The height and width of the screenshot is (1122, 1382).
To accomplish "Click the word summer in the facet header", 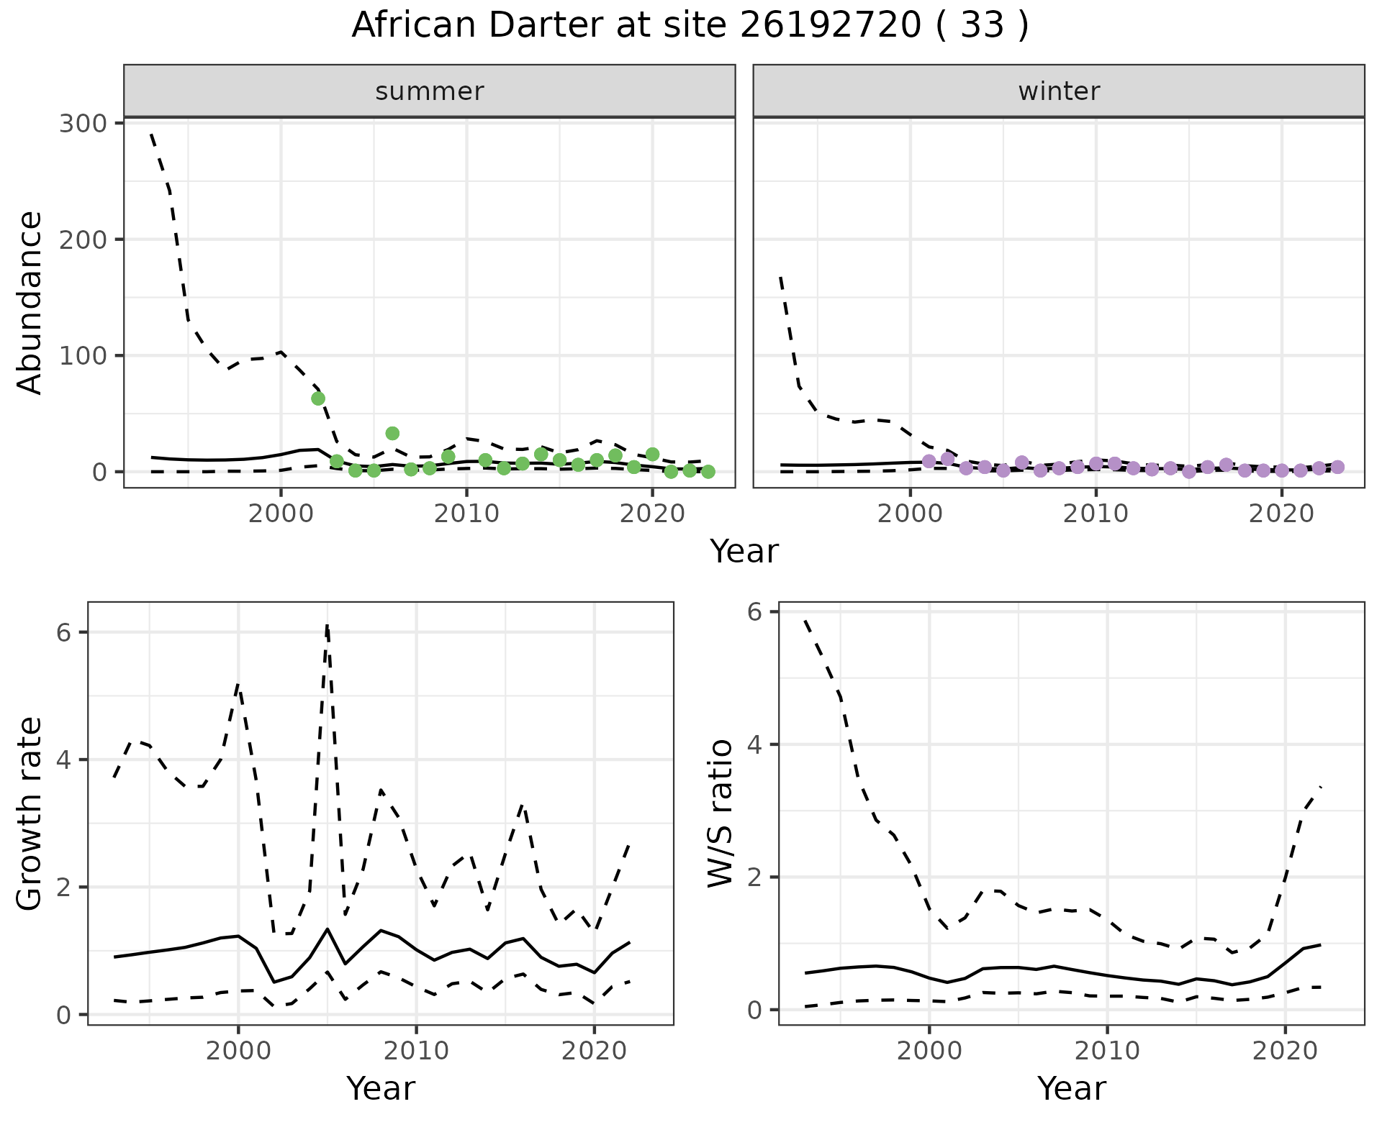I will point(430,91).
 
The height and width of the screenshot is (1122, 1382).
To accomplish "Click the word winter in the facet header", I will point(1059,91).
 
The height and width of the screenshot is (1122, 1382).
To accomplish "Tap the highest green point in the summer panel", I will point(318,398).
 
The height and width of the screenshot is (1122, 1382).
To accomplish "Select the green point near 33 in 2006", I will point(392,433).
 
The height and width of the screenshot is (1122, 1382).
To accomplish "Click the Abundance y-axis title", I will point(30,302).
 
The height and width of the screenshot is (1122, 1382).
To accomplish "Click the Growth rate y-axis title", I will point(30,814).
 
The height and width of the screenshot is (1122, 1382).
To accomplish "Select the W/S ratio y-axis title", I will point(721,813).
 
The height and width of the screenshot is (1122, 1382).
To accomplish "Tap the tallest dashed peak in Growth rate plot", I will point(328,626).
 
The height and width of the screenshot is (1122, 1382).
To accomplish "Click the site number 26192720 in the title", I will point(830,26).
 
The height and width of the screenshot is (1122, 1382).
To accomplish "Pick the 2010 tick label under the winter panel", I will point(1096,514).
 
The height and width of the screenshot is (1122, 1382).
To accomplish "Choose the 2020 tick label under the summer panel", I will point(652,514).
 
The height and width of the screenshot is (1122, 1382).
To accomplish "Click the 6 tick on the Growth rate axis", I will point(63,632).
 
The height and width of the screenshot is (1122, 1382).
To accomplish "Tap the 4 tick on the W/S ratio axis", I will point(754,744).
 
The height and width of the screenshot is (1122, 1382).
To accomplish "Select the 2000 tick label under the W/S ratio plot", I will point(929,1051).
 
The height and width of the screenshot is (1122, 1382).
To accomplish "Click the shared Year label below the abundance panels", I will point(744,552).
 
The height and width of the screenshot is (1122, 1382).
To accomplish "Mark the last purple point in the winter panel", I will point(1337,467).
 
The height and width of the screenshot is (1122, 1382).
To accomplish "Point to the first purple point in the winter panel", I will point(929,461).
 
